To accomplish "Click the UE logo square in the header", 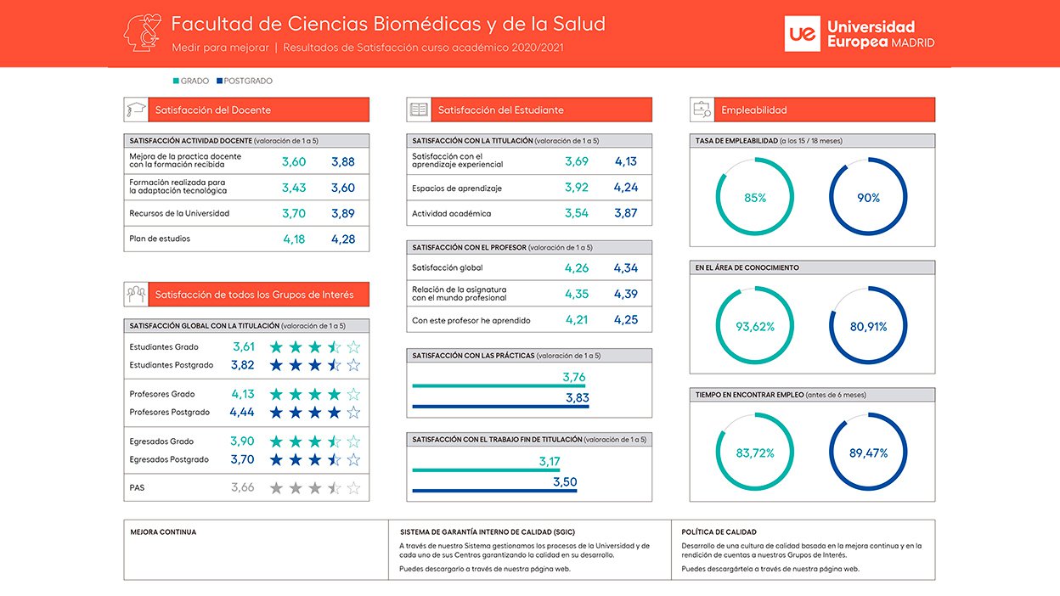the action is [x=802, y=34].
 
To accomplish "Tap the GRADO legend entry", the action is [x=191, y=81].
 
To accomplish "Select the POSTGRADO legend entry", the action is [x=244, y=81].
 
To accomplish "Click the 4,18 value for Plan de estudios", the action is [x=294, y=239].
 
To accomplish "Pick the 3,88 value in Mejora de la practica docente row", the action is [x=343, y=162].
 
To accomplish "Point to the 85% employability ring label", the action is [x=755, y=198].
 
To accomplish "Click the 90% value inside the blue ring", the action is [x=868, y=198].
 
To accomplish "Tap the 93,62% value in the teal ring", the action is [x=755, y=326].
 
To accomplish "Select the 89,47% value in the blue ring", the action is [x=868, y=453].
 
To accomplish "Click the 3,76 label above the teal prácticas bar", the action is [x=574, y=377].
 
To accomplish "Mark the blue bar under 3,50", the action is [x=494, y=491].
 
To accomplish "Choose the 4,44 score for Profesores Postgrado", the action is [x=242, y=413].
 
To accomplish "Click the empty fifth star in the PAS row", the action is [x=353, y=487].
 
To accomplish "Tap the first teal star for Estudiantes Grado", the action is [x=276, y=347].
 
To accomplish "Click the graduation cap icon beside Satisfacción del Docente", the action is [x=136, y=110].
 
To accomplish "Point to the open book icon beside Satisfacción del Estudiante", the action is [x=419, y=110].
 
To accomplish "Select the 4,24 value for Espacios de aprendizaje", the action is [x=626, y=188].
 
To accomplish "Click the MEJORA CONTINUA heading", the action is [x=163, y=532].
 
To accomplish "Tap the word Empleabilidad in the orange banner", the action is [x=754, y=110].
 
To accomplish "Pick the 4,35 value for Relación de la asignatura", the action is [x=577, y=295].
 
